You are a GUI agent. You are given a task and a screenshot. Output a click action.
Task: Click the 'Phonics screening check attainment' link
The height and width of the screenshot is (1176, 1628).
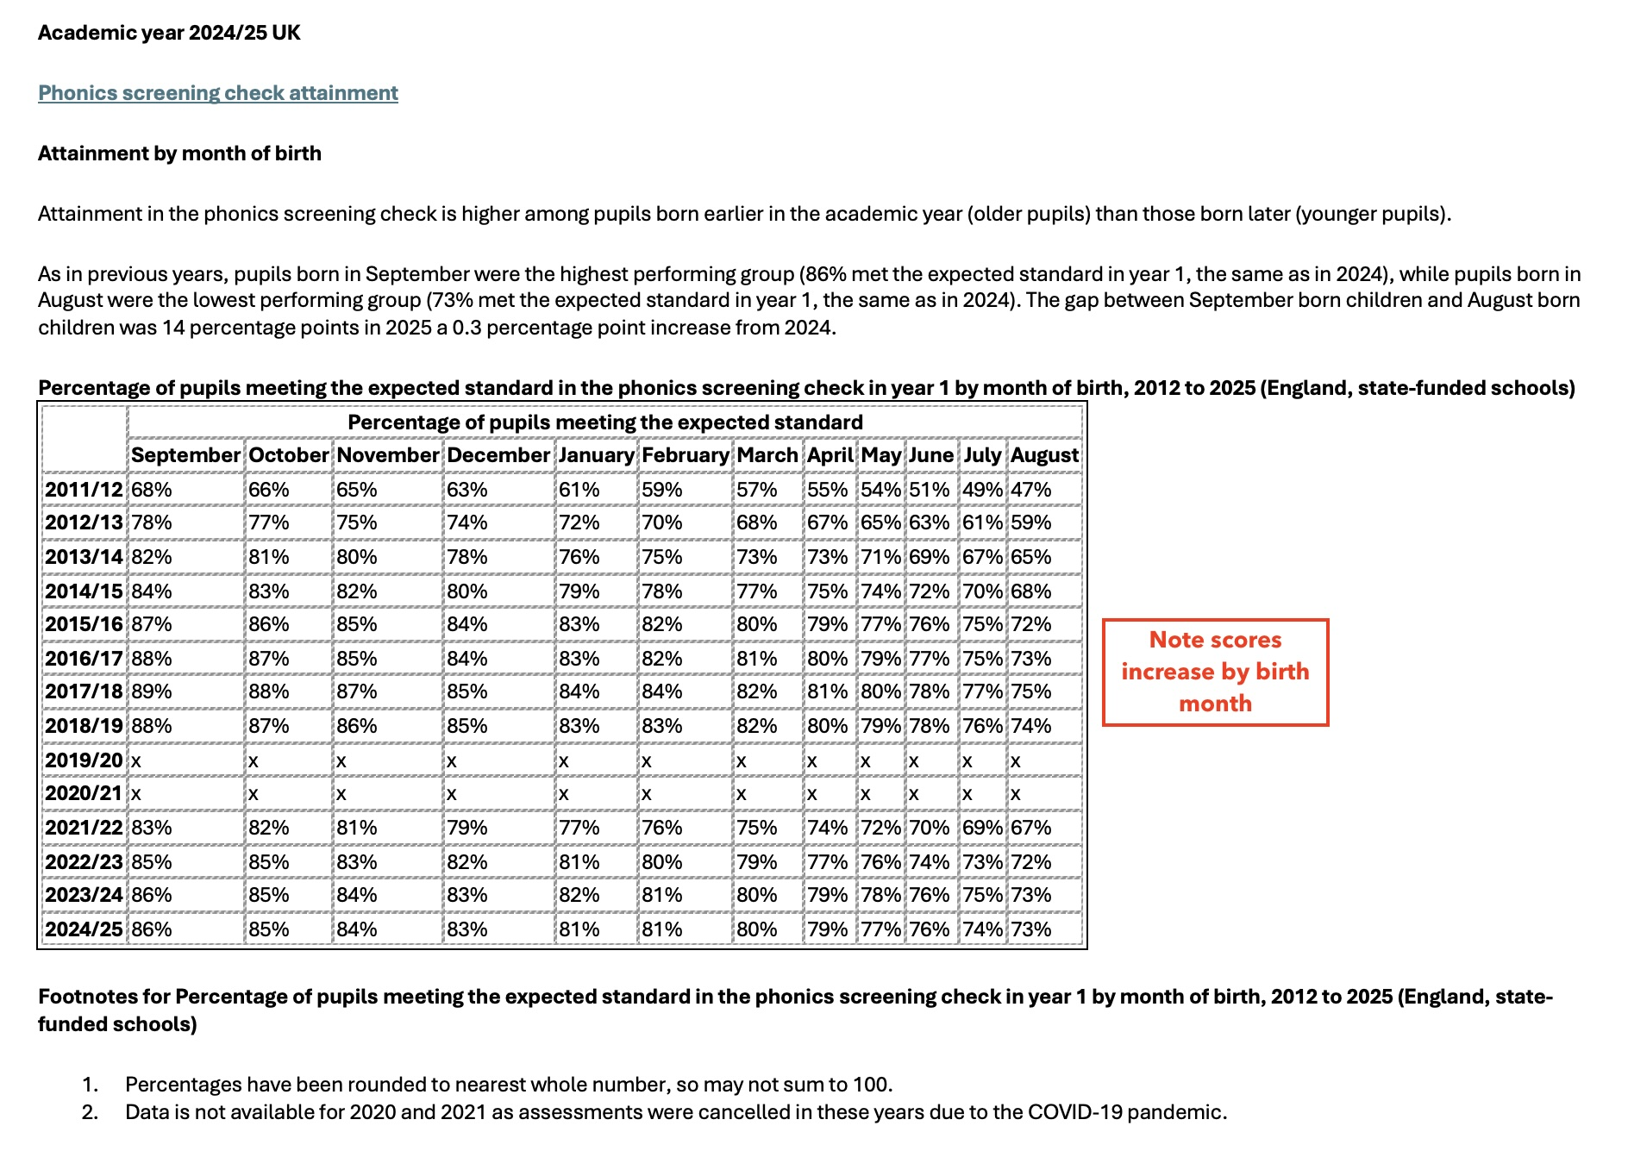coord(217,93)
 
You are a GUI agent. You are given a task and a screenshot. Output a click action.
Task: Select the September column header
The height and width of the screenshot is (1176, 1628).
coord(185,455)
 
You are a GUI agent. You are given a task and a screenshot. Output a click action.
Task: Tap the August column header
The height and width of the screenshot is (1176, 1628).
coord(1044,455)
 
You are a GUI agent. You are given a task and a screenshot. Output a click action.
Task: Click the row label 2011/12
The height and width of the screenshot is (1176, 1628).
coord(84,490)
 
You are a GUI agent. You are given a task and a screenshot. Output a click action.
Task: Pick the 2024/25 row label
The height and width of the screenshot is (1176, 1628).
coord(84,929)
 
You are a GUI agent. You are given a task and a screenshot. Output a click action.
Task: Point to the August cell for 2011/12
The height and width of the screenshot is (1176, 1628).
coord(1031,490)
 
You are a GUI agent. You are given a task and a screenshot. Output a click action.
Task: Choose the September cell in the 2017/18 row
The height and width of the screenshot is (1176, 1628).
coord(152,691)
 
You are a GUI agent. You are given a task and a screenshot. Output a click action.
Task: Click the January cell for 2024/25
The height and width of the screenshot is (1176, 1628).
coord(579,929)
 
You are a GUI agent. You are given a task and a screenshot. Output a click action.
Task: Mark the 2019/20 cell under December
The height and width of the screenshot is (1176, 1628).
coord(452,760)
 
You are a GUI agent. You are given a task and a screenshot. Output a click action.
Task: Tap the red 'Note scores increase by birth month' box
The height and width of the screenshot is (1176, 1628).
coord(1215,672)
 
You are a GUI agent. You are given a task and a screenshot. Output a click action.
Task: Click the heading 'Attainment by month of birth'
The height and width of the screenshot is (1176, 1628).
coord(179,153)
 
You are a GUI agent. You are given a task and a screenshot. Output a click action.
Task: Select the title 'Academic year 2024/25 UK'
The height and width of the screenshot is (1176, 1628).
coord(169,33)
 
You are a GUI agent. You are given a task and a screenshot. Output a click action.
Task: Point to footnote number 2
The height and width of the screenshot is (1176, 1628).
coord(90,1112)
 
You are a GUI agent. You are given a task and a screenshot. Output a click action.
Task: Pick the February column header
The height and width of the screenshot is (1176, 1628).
coord(685,455)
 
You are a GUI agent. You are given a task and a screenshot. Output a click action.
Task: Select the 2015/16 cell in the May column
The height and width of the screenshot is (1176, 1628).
coord(880,624)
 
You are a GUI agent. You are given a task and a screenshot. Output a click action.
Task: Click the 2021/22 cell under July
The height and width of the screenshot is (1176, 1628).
coord(982,828)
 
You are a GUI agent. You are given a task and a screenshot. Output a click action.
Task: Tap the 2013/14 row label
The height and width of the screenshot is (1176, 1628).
coord(84,557)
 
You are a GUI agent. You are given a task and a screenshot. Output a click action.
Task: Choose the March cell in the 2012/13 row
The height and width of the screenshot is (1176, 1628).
coord(756,522)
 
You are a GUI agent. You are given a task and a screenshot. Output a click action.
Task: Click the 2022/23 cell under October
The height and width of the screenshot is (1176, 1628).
coord(269,862)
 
